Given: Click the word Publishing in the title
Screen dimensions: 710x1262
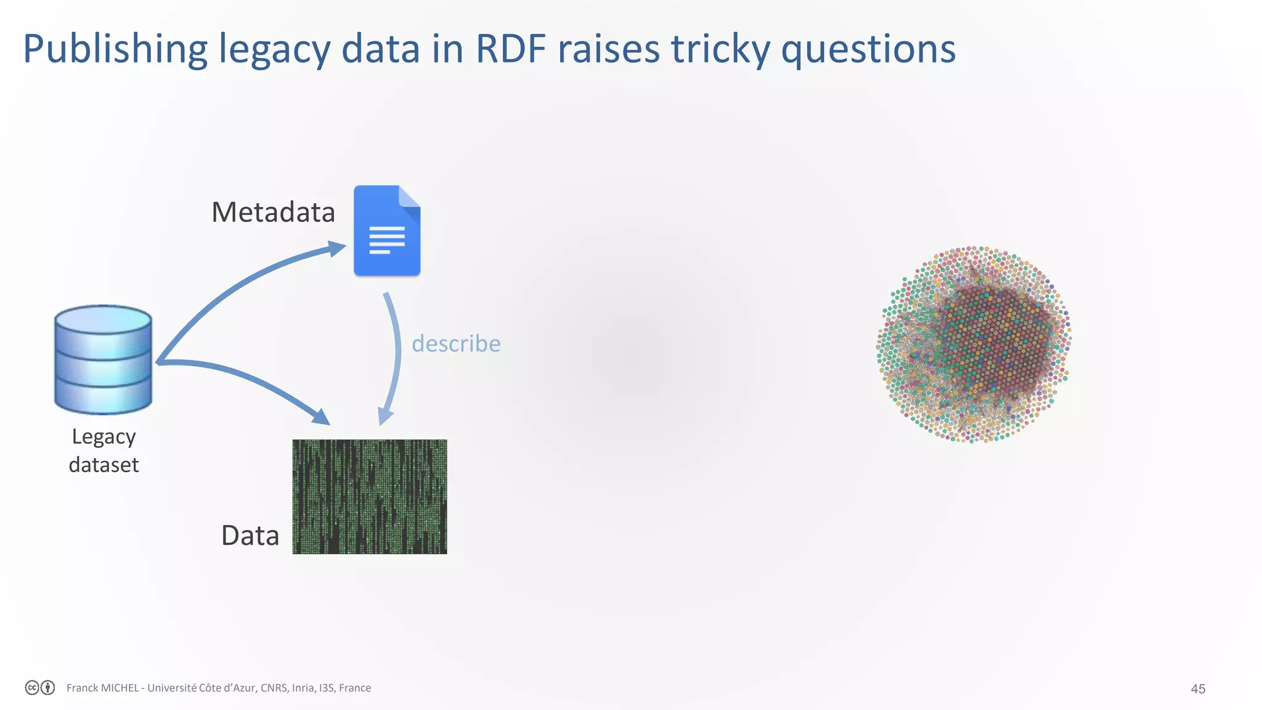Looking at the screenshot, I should pyautogui.click(x=115, y=49).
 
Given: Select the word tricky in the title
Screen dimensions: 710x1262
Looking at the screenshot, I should pyautogui.click(x=720, y=49).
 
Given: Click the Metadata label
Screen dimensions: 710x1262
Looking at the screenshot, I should pyautogui.click(x=273, y=212).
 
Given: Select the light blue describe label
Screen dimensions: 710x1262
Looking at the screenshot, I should pyautogui.click(x=456, y=343).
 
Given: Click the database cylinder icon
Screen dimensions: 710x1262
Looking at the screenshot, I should pyautogui.click(x=103, y=359).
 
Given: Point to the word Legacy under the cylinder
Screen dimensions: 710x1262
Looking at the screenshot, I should pyautogui.click(x=104, y=437).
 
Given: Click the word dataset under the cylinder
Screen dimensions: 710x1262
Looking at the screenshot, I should pyautogui.click(x=104, y=465).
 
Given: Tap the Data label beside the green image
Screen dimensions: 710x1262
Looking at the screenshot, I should pyautogui.click(x=250, y=535).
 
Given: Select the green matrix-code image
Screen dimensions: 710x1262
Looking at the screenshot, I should pyautogui.click(x=369, y=496).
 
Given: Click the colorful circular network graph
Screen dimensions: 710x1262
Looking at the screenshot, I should pyautogui.click(x=974, y=344).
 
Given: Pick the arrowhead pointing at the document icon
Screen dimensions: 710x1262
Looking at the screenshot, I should pyautogui.click(x=336, y=248).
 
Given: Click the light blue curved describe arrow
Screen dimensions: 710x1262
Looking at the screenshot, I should pyautogui.click(x=395, y=357).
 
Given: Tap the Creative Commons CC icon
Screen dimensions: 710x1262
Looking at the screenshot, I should pyautogui.click(x=32, y=688).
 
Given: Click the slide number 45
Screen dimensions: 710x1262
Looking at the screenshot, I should pyautogui.click(x=1197, y=689).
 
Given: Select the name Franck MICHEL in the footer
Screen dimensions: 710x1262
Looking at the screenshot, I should pyautogui.click(x=102, y=688).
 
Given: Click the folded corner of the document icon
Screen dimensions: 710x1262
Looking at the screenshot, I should pyautogui.click(x=410, y=197).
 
